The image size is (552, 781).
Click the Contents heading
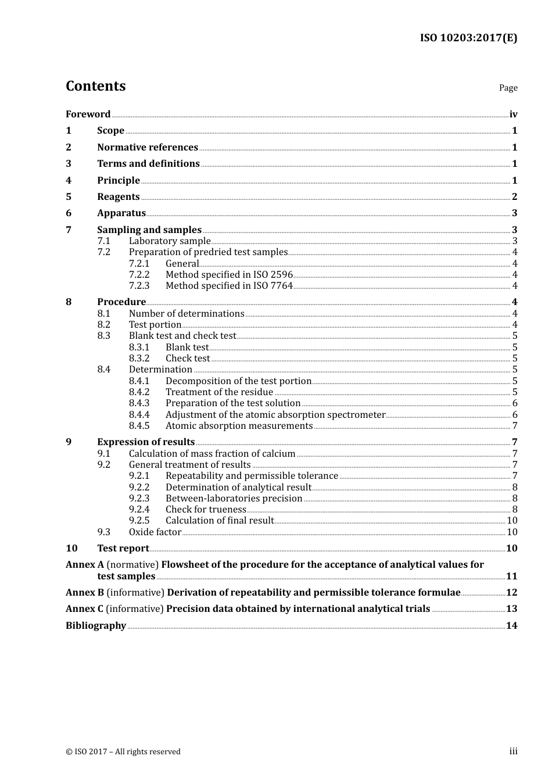(95, 86)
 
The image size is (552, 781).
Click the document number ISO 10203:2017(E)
(468, 38)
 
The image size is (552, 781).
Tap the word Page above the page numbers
(508, 88)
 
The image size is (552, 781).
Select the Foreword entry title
(88, 114)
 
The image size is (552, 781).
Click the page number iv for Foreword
(513, 114)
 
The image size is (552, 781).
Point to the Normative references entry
(148, 148)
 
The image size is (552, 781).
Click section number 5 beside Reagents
(69, 197)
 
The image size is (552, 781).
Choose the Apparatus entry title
(121, 213)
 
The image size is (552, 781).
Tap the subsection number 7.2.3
(139, 286)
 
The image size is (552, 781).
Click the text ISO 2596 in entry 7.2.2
(273, 275)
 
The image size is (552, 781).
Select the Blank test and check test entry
(182, 336)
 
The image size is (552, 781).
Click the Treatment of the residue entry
(219, 392)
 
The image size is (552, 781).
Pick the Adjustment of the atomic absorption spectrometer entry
(275, 415)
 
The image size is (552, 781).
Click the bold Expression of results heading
(146, 442)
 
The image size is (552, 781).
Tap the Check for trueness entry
(206, 510)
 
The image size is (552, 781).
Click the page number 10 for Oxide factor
(512, 532)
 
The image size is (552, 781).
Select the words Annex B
(85, 593)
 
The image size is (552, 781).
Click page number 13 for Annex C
(511, 609)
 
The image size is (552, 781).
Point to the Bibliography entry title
(96, 626)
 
